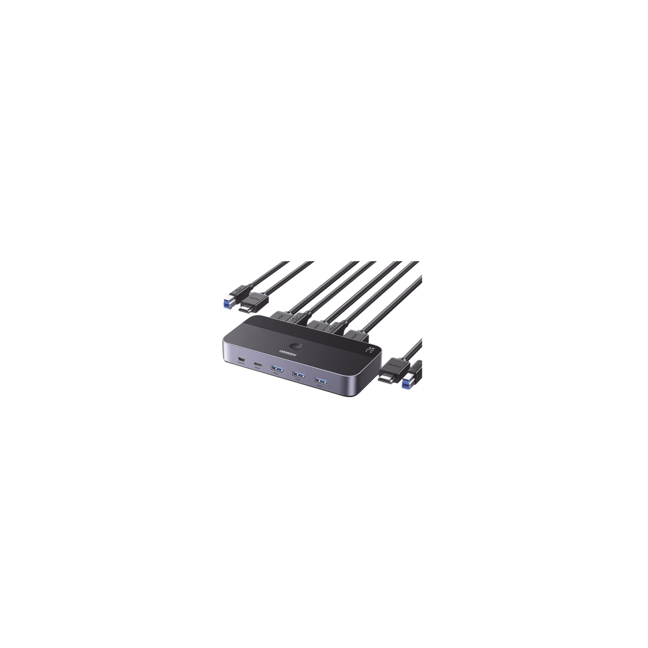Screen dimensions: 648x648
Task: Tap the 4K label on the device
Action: pos(371,349)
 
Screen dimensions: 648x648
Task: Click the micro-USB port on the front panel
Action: pos(241,360)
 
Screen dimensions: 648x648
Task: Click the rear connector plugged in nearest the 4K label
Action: pos(356,335)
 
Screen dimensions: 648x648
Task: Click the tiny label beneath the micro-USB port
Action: pos(240,366)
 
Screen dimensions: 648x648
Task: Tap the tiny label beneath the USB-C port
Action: pos(257,371)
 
